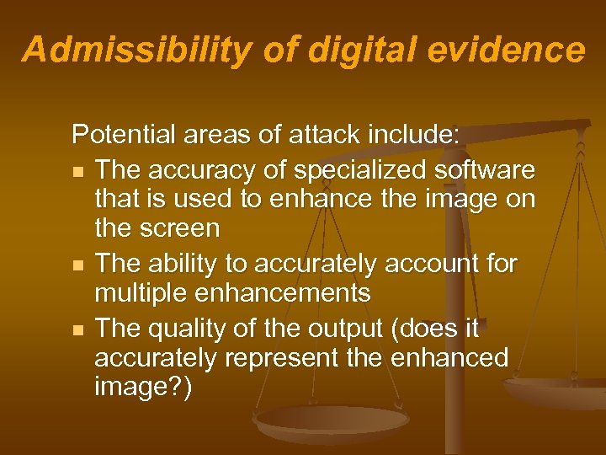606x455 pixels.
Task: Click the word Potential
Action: [x=125, y=135]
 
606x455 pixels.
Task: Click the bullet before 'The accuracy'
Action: [x=78, y=171]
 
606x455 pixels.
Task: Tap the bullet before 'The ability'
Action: [x=78, y=265]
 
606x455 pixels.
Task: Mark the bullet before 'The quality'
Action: [x=78, y=329]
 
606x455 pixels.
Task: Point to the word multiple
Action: [x=142, y=293]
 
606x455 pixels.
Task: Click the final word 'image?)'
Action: [x=143, y=390]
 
